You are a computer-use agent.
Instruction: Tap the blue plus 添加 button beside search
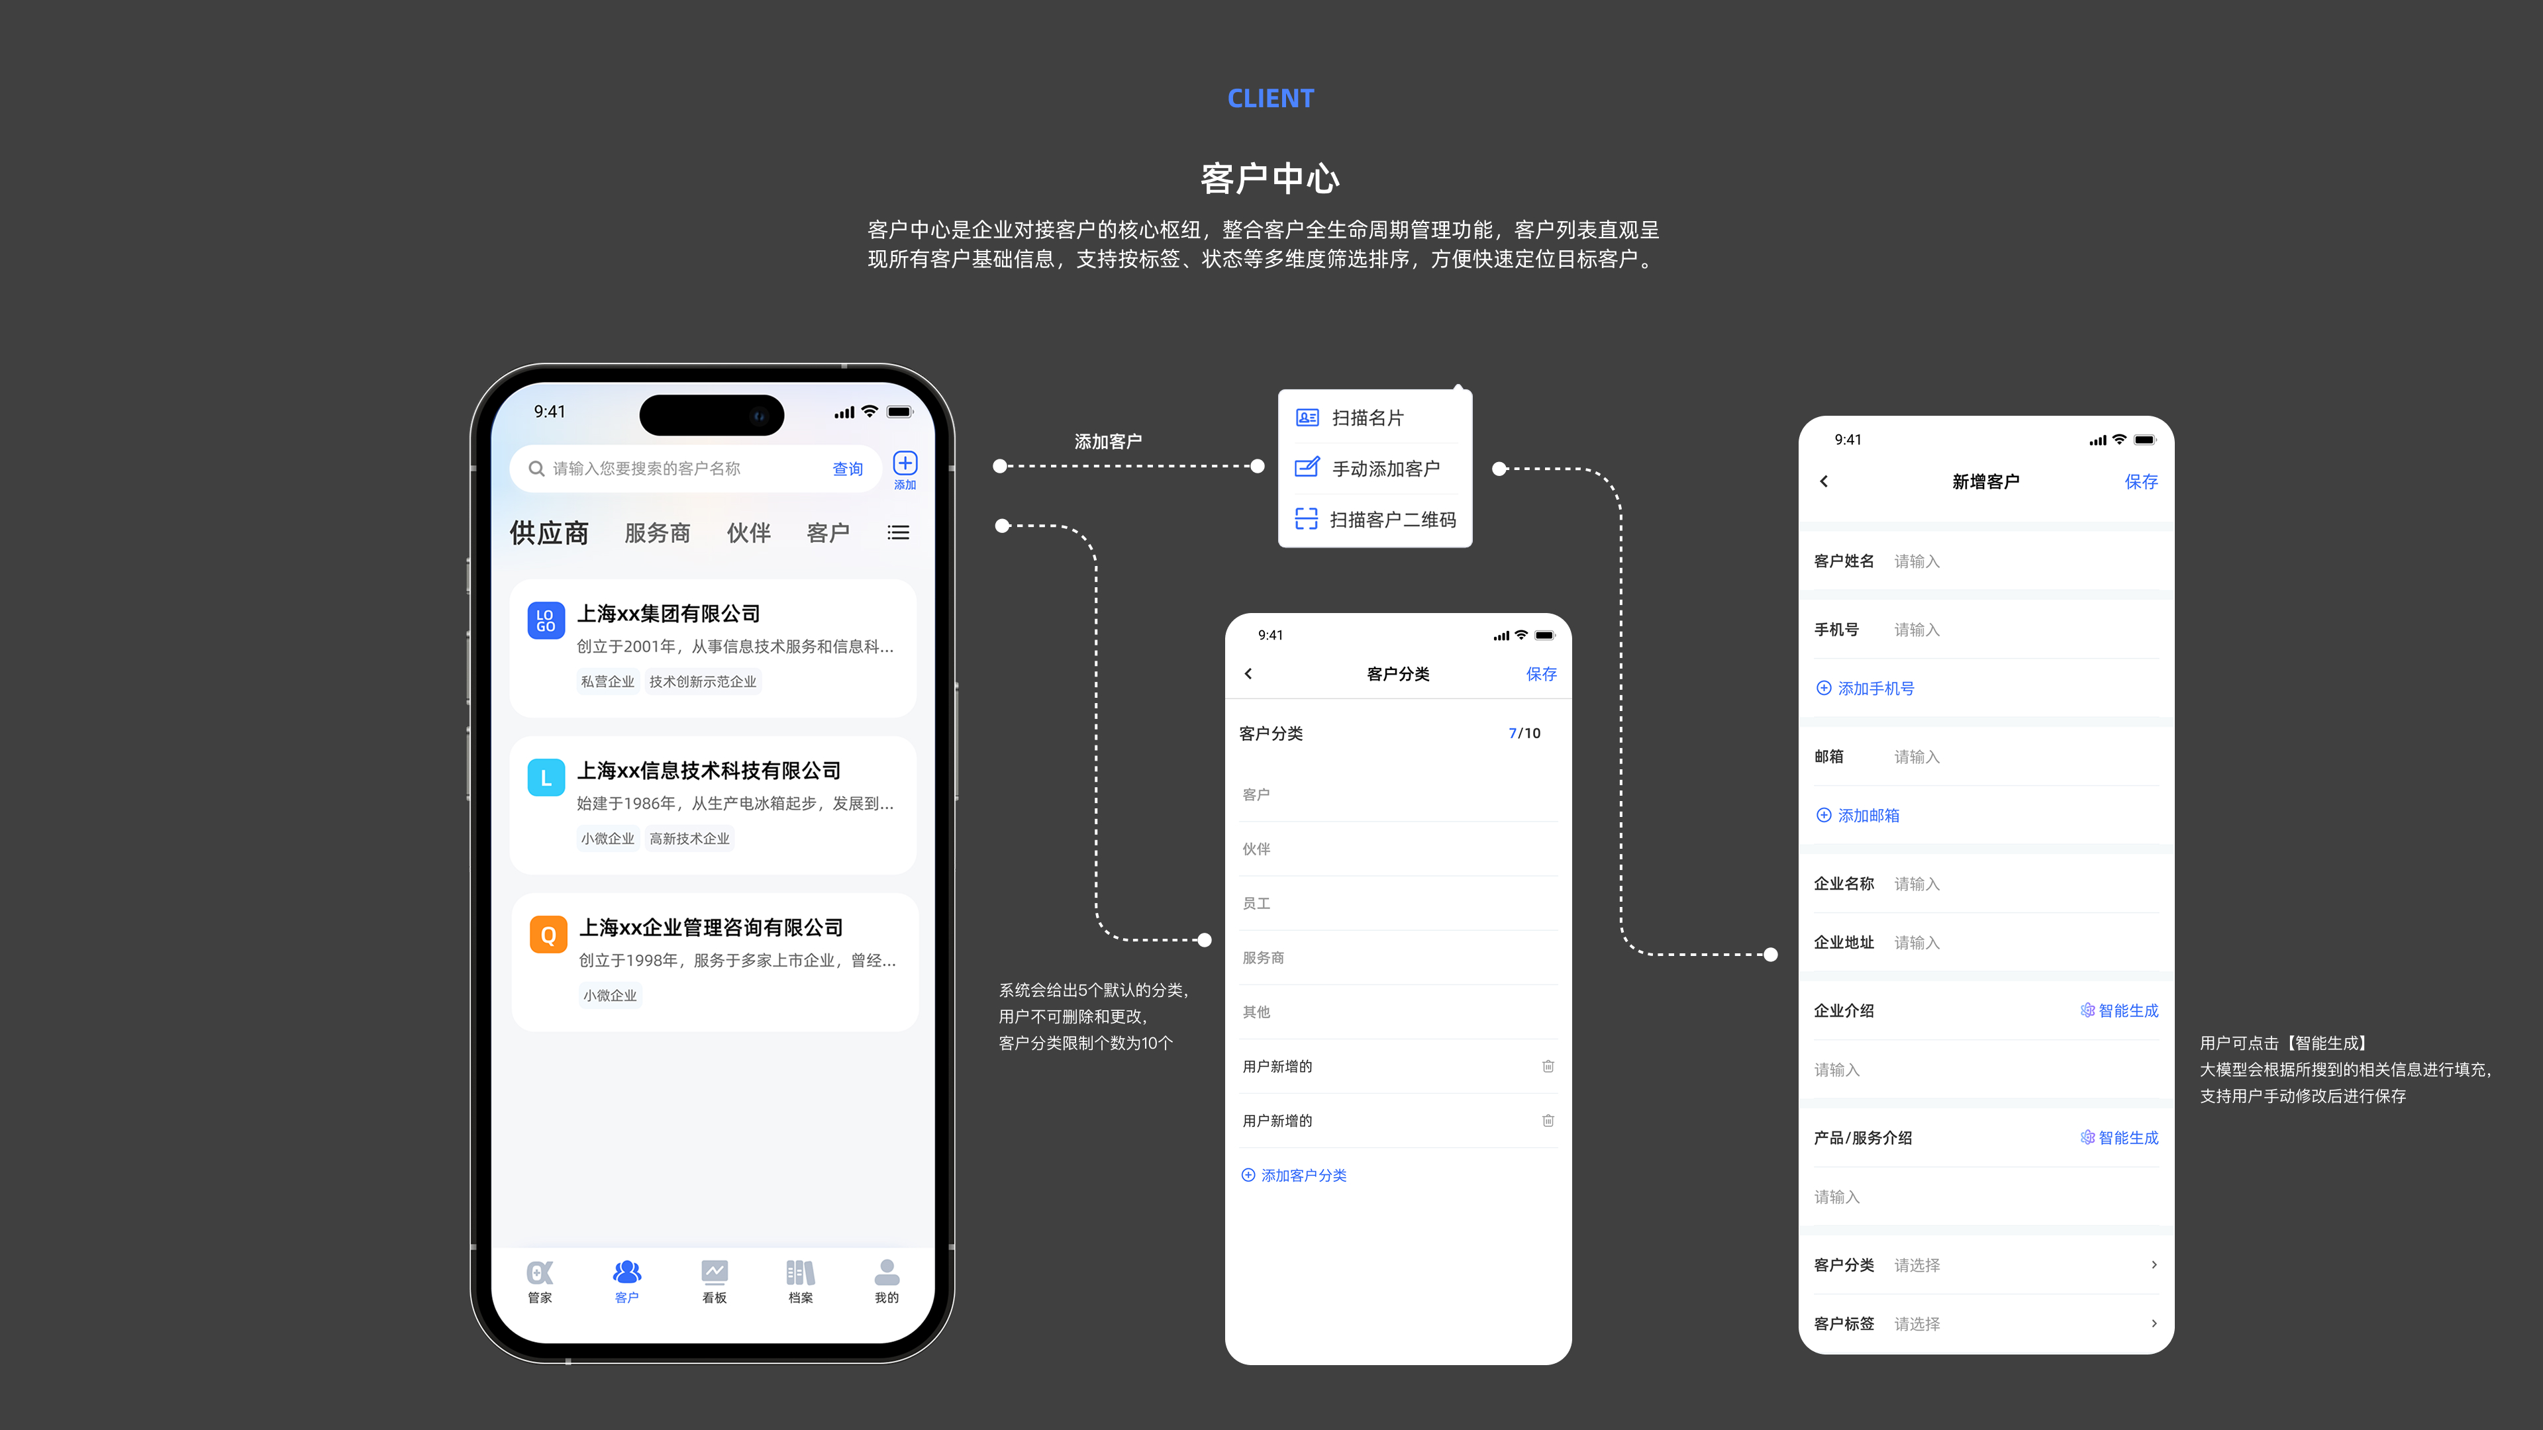904,468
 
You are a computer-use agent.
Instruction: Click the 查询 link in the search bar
847,469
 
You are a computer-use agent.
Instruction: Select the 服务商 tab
658,533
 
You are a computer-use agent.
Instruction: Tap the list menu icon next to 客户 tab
899,533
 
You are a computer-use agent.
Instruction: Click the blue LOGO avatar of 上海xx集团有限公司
546,620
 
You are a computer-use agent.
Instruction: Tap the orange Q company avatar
548,933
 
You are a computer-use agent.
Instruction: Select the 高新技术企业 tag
689,839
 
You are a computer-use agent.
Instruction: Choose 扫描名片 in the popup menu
1368,418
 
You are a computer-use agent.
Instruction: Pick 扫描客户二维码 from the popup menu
1392,519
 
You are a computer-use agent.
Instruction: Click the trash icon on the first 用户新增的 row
1548,1066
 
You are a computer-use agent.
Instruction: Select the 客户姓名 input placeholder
1916,561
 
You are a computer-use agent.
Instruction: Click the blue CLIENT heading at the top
1271,99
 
